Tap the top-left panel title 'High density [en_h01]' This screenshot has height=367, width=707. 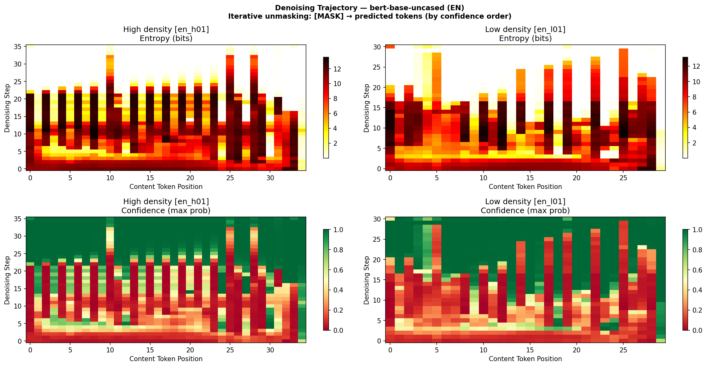[166, 30]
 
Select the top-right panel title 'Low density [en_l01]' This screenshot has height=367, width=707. [525, 30]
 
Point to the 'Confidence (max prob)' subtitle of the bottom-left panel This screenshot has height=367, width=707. [166, 211]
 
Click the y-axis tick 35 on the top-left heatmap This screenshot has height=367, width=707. [18, 47]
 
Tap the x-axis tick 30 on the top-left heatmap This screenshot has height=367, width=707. [270, 178]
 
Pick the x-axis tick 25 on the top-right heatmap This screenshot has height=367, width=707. [623, 178]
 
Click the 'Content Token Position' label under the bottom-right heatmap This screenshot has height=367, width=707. [525, 359]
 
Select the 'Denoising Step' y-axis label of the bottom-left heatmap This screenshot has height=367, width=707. [7, 280]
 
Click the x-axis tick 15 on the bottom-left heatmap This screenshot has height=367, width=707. [150, 350]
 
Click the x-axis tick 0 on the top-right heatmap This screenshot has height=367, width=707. [390, 178]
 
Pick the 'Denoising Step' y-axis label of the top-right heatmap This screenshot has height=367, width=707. [367, 108]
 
